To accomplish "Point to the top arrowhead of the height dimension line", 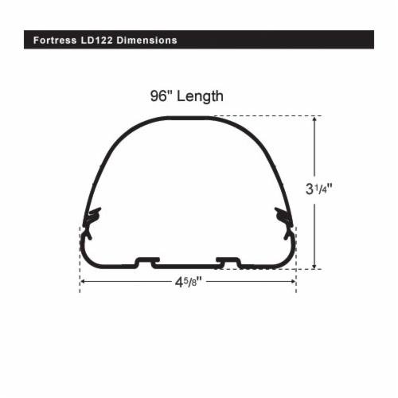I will coord(316,120).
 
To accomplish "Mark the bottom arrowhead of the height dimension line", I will coord(316,265).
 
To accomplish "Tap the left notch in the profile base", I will coord(146,261).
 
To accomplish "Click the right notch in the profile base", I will coord(228,261).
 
